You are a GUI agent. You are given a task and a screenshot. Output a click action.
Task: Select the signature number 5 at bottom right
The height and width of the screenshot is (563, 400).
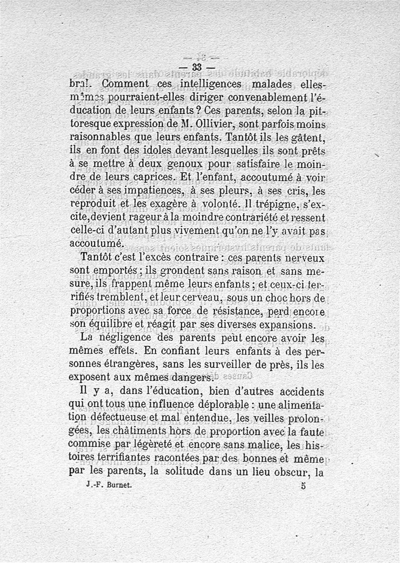(303, 485)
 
